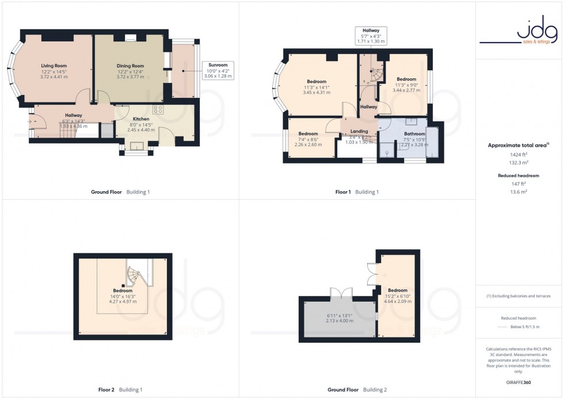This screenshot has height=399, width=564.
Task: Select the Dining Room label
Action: point(130,66)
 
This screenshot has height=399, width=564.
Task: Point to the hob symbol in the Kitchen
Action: point(158,109)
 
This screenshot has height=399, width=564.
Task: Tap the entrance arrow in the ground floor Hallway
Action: point(30,121)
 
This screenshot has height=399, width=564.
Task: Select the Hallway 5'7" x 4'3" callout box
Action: point(371,36)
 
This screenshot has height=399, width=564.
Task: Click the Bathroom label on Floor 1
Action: point(414,134)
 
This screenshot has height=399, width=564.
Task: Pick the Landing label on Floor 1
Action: point(359,131)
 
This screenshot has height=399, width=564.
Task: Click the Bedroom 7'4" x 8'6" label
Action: point(308,134)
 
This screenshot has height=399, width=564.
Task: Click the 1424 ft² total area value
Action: point(519,155)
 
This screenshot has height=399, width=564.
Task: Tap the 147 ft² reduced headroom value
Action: point(519,184)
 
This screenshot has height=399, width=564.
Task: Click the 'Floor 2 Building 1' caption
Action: point(120,390)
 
